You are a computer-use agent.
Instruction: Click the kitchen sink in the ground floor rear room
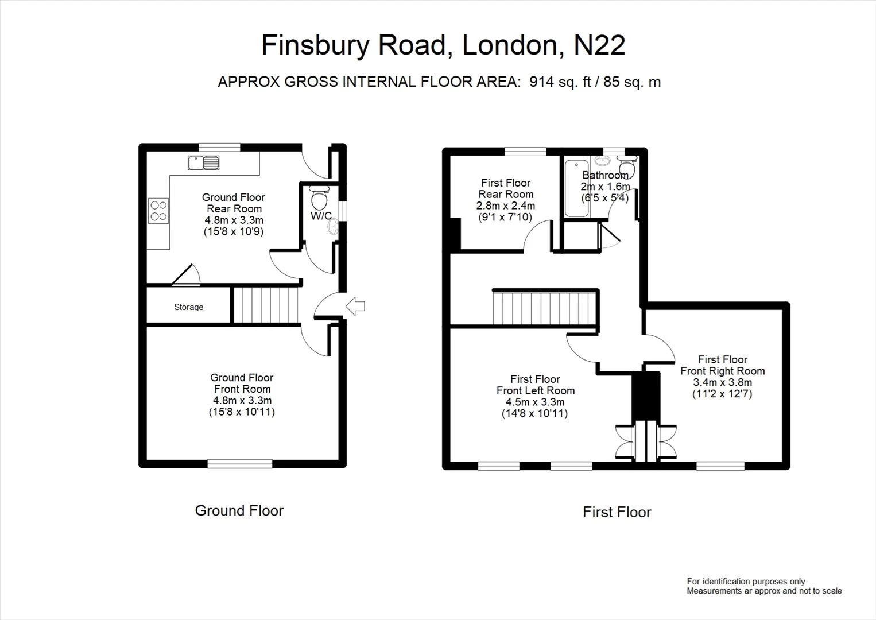coord(203,162)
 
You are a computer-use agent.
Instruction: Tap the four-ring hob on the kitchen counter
coord(158,211)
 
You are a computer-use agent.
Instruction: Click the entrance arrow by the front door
coord(355,306)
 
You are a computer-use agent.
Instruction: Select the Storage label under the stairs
coord(188,307)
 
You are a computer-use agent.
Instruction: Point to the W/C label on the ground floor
coord(321,215)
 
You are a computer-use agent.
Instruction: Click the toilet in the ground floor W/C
coord(320,197)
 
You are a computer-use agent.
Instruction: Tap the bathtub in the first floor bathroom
coord(576,188)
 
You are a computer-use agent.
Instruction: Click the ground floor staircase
coord(266,305)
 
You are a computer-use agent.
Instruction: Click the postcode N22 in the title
coord(599,45)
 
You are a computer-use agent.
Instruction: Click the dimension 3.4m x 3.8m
coord(722,382)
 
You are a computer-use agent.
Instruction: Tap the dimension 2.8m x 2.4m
coord(506,206)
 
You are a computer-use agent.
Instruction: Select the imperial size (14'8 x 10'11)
coord(534,413)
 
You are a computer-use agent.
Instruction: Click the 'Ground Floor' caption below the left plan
coord(239,510)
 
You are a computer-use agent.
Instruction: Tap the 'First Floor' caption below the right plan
coord(617,512)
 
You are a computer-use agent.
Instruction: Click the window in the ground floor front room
coord(240,463)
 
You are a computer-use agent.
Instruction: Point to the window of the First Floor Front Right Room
coord(720,466)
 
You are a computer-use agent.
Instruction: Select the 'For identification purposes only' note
coord(746,582)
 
